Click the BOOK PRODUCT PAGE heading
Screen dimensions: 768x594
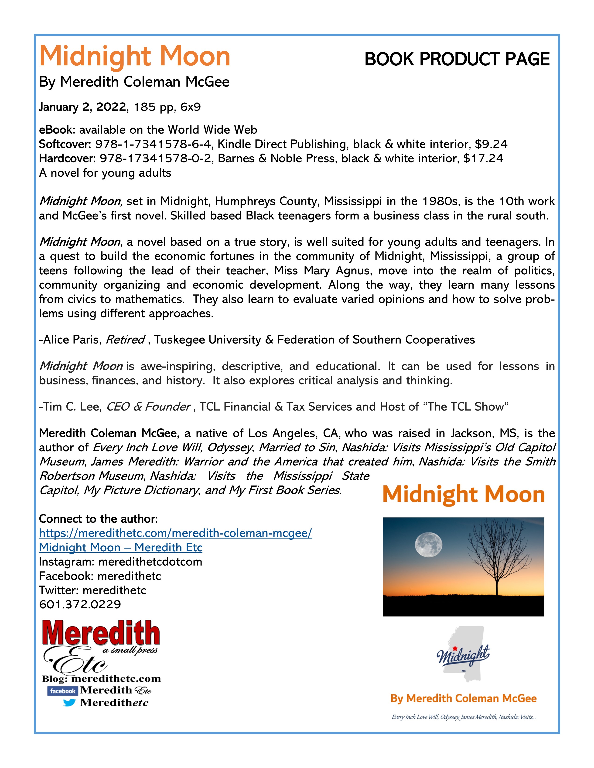[x=457, y=59]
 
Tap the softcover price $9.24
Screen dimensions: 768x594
[x=491, y=144]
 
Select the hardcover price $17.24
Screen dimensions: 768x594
[x=483, y=158]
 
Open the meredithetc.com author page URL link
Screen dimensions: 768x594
[x=175, y=533]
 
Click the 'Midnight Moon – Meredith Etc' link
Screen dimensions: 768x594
[x=120, y=548]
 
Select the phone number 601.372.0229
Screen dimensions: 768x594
[x=80, y=604]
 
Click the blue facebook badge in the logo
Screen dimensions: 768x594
[x=62, y=691]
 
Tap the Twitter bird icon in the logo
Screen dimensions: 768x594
[x=70, y=703]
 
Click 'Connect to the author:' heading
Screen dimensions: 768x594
[x=98, y=519]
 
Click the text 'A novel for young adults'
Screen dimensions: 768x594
[x=105, y=173]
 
